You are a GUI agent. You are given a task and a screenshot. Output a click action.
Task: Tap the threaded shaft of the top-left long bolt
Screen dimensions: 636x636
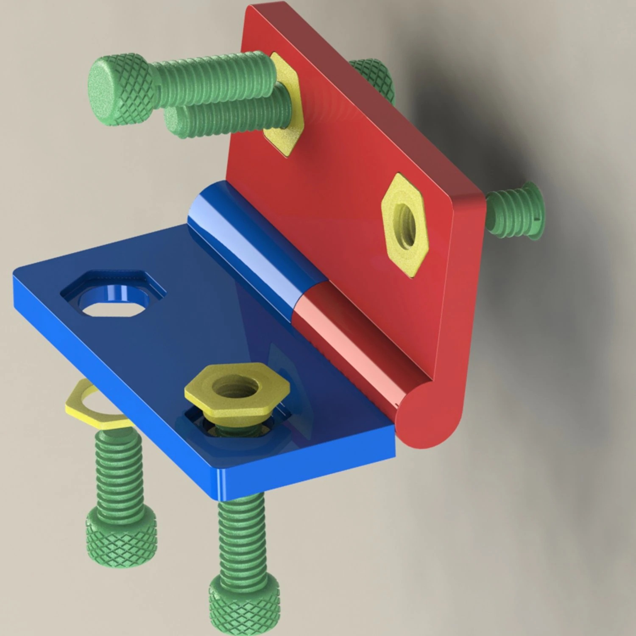tap(212, 78)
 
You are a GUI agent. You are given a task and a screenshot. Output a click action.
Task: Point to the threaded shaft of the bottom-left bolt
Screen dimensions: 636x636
tap(117, 466)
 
